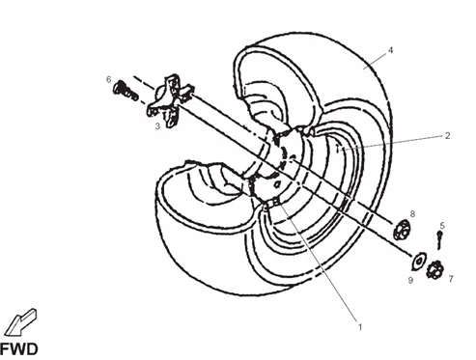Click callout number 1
click(360, 327)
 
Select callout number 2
click(447, 136)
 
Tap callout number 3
click(157, 126)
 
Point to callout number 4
click(390, 49)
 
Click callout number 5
click(442, 226)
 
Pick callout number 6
click(109, 79)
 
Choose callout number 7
click(451, 278)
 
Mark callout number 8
click(412, 213)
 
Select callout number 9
click(409, 280)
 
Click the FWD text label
click(19, 346)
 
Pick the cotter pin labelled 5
click(440, 241)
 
